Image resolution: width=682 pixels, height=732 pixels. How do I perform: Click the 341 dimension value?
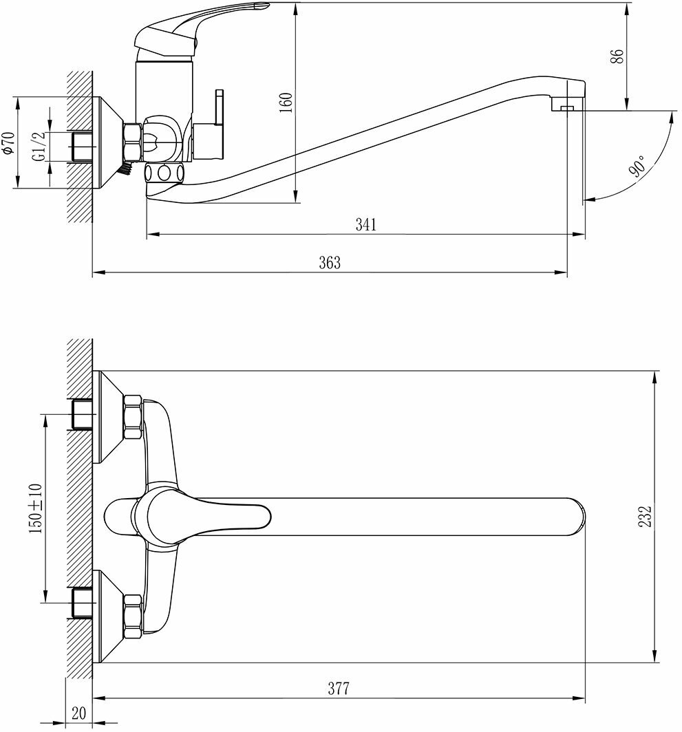point(365,225)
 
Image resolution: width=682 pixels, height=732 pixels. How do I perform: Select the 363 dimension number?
point(329,263)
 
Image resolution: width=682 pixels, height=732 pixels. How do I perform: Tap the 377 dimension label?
point(338,689)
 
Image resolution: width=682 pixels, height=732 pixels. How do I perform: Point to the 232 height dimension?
point(644,517)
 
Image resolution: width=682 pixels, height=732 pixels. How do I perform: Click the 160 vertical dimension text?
point(287,102)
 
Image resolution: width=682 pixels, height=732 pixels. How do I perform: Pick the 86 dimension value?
point(617,56)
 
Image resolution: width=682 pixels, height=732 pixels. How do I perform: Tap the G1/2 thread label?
point(39,146)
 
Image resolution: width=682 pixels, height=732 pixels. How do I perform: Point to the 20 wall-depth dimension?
point(79,713)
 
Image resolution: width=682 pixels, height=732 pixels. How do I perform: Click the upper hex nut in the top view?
point(132,418)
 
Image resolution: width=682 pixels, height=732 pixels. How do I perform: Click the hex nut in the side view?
point(132,142)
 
